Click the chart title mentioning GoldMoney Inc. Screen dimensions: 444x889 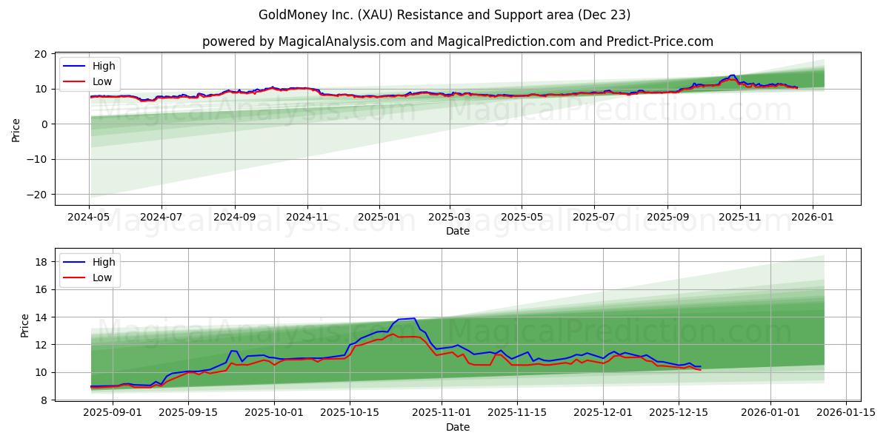(444, 15)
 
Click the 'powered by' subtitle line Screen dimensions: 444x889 (457, 41)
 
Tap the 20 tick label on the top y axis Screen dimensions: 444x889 (41, 54)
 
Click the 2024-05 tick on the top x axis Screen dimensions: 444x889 (90, 218)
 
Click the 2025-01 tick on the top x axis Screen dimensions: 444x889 (379, 218)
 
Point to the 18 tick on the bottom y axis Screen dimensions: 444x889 (41, 262)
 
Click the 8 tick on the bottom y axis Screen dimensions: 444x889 (44, 400)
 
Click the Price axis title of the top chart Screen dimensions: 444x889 (16, 129)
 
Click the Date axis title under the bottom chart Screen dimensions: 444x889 (457, 427)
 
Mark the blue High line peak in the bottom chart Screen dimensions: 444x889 (413, 318)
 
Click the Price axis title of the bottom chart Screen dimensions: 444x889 (25, 326)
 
